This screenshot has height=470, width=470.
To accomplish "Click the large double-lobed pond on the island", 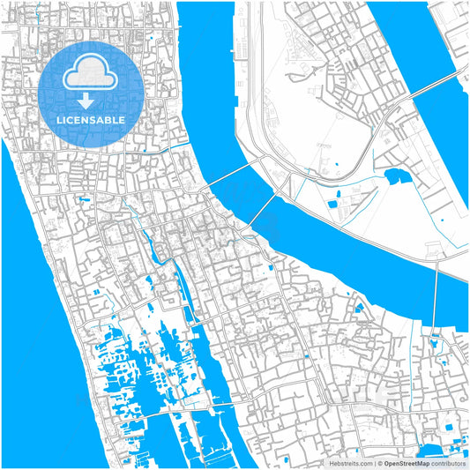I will [394, 175].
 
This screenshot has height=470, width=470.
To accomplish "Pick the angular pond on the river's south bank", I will [359, 309].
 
